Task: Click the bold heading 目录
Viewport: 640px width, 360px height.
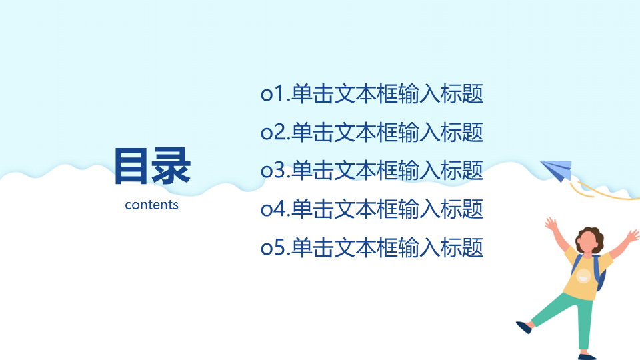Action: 152,166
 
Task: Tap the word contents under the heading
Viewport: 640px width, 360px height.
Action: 151,205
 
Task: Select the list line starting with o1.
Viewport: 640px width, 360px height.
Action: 372,93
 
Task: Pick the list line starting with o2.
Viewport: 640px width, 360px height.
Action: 372,132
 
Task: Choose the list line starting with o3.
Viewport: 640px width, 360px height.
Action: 372,170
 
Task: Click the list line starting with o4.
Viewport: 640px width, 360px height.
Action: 372,209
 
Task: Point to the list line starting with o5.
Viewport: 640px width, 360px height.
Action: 372,247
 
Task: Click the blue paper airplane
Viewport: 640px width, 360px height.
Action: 557,170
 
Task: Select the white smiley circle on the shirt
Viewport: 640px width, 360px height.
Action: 584,276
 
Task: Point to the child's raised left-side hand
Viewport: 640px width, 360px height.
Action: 551,224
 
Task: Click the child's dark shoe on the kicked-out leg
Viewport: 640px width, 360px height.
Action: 524,327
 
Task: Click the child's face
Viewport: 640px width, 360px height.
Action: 587,244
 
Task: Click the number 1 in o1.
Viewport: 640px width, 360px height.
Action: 279,93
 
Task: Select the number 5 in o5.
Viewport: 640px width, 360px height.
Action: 280,247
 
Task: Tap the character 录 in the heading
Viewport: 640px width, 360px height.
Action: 171,166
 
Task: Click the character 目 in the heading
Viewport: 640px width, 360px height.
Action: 131,167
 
